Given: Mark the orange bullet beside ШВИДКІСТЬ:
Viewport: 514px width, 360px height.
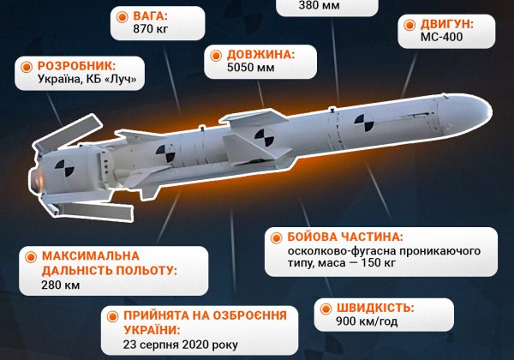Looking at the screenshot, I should click(x=322, y=308).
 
